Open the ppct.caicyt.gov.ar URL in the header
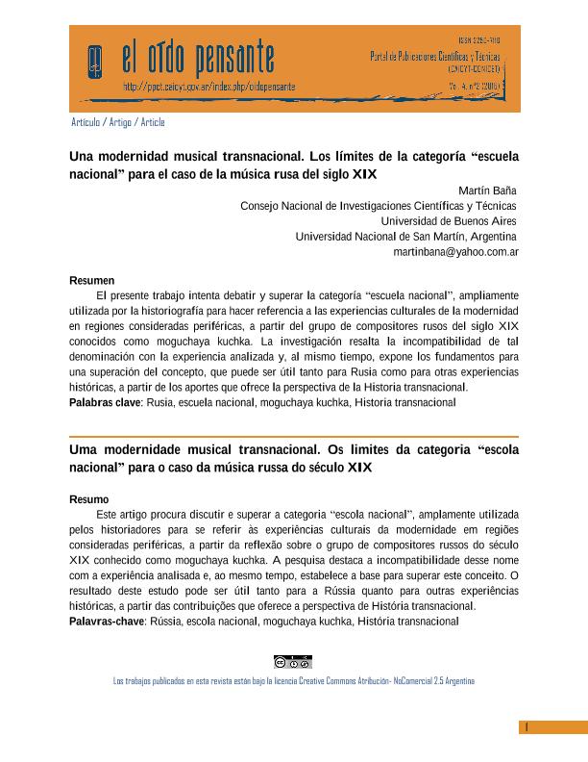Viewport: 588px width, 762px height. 208,87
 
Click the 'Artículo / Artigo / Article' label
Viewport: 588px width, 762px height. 118,122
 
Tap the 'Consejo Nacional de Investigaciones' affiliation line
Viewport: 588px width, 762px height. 379,206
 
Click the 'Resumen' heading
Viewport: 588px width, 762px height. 92,280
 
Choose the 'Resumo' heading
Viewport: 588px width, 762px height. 89,499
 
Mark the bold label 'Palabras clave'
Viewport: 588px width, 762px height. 105,402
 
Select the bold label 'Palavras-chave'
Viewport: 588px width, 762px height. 107,622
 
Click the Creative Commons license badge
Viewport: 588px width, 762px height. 292,662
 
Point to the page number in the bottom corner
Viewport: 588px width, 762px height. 527,727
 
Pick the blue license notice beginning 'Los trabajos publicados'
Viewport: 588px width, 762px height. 294,680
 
